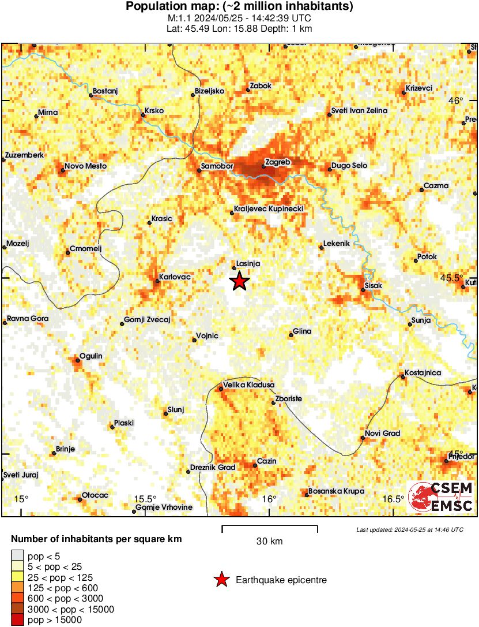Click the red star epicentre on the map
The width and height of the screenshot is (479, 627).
240,281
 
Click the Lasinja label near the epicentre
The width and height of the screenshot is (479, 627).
248,263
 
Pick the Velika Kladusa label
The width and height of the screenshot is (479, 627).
248,385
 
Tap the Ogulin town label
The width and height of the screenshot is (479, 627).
90,356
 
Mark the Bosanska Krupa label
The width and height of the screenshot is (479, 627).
336,491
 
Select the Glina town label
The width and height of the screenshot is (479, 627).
302,331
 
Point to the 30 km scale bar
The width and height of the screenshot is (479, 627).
270,526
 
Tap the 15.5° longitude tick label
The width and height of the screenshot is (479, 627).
145,499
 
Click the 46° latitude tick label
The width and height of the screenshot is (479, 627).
456,100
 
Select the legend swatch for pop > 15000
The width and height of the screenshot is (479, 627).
17,620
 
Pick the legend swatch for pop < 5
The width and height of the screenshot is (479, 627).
17,556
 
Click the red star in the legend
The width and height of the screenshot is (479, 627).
221,580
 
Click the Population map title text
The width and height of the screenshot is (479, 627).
239,7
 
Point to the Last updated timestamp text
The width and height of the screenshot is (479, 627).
409,529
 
